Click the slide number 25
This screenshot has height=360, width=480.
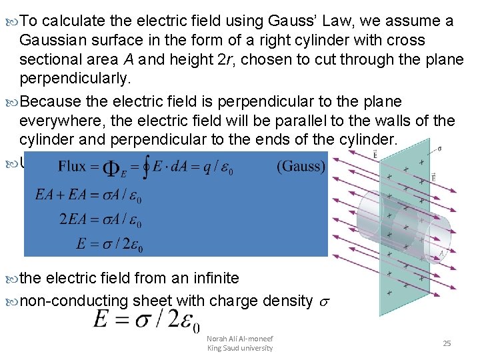pyautogui.click(x=447, y=343)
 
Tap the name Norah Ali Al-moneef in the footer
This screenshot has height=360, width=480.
pyautogui.click(x=240, y=338)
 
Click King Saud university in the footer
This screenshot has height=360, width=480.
pyautogui.click(x=240, y=348)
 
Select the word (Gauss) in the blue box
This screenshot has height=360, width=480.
pyautogui.click(x=301, y=167)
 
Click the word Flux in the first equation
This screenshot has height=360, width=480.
pyautogui.click(x=72, y=167)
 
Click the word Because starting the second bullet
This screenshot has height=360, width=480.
pyautogui.click(x=53, y=101)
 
